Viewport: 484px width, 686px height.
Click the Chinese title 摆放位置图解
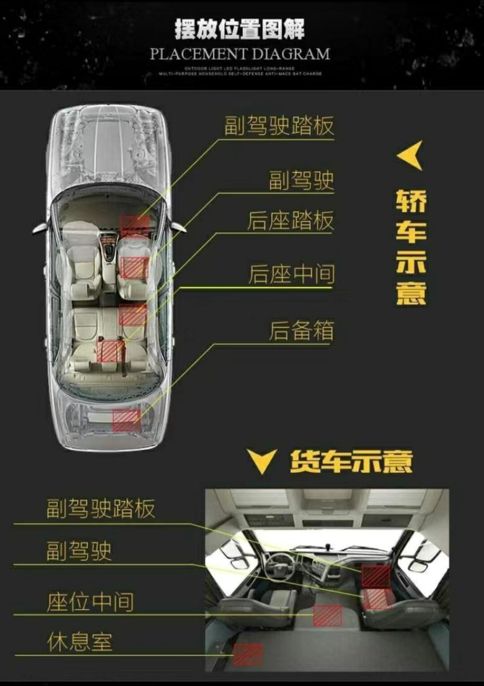[x=240, y=30]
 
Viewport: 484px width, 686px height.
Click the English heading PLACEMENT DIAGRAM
[x=240, y=54]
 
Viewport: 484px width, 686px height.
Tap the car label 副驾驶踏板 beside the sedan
[x=279, y=126]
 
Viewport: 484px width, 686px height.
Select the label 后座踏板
[x=290, y=221]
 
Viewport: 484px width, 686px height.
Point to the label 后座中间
[x=291, y=274]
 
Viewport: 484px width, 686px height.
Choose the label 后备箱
[x=301, y=331]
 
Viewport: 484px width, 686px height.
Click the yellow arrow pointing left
[x=411, y=155]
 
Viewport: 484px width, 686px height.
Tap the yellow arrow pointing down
[x=262, y=462]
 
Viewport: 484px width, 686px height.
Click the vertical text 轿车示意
[x=411, y=248]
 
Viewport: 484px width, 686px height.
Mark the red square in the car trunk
[x=126, y=420]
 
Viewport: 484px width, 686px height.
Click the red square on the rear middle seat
[x=110, y=351]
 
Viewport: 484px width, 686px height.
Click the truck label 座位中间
[x=90, y=602]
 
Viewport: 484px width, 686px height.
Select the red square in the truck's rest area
[x=248, y=654]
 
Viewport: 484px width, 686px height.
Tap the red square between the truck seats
[x=328, y=615]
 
